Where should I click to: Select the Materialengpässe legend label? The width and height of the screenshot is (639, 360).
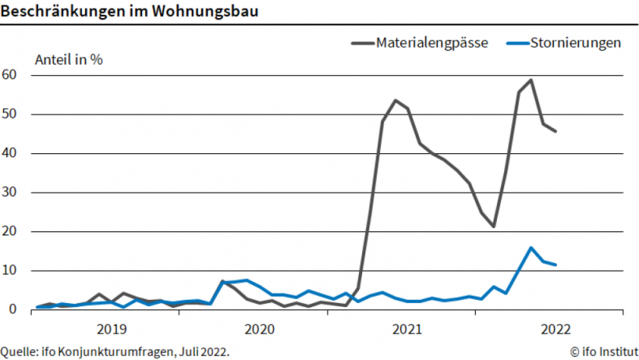tap(432, 43)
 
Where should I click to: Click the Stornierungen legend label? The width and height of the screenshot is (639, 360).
tap(575, 43)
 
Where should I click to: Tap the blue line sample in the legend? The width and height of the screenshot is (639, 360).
tap(515, 43)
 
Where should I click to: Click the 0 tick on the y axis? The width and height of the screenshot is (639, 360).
tap(13, 309)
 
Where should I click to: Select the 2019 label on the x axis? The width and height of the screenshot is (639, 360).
tap(110, 328)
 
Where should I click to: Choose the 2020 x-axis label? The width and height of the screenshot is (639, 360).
tap(259, 328)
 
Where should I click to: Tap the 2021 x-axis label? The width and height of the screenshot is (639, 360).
tap(406, 328)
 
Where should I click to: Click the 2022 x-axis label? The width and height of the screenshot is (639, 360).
tap(555, 328)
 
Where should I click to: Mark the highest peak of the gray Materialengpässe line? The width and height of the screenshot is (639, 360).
tap(531, 80)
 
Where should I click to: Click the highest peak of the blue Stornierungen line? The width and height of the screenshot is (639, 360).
tap(531, 248)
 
